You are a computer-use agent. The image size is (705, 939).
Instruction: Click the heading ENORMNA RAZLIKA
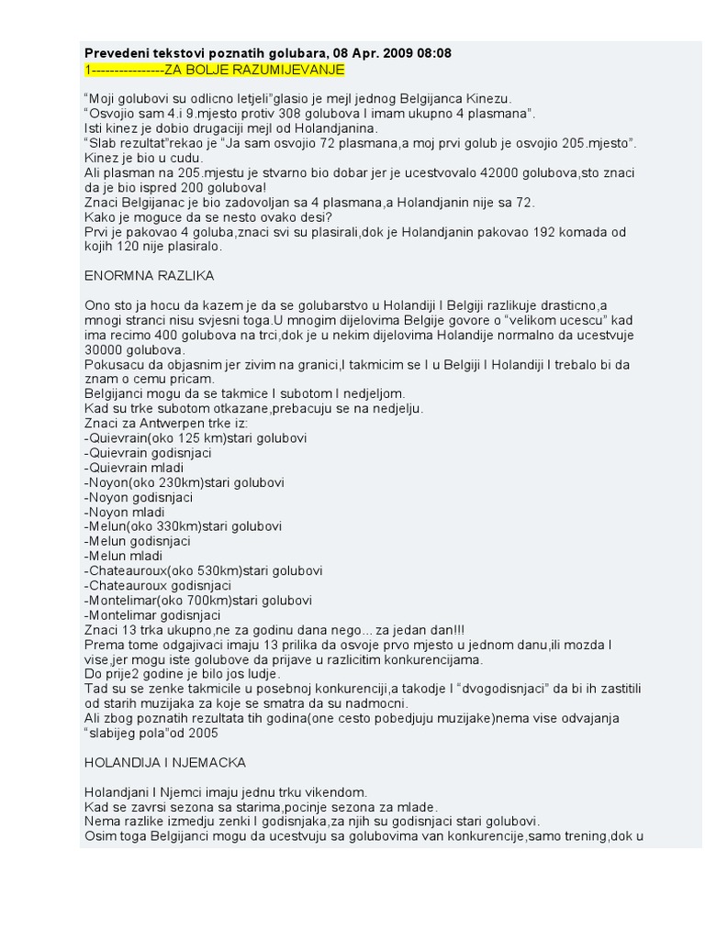click(x=149, y=275)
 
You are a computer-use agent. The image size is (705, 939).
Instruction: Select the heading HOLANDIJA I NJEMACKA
click(x=165, y=762)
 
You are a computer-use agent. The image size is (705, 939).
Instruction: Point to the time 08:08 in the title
click(x=433, y=53)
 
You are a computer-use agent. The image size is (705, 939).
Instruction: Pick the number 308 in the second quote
click(x=274, y=114)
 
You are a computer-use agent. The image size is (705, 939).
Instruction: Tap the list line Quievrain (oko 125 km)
click(x=195, y=437)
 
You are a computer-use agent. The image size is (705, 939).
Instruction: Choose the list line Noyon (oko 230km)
click(x=184, y=482)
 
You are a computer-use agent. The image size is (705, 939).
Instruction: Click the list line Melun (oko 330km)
click(x=183, y=526)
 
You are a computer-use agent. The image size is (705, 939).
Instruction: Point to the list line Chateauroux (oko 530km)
click(x=203, y=570)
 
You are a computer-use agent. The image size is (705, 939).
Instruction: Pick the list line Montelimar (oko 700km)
click(x=197, y=601)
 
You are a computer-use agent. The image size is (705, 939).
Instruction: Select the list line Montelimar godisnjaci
click(x=152, y=615)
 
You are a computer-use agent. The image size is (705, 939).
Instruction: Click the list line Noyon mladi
click(x=124, y=512)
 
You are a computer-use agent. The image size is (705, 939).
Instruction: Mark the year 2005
click(x=203, y=733)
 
